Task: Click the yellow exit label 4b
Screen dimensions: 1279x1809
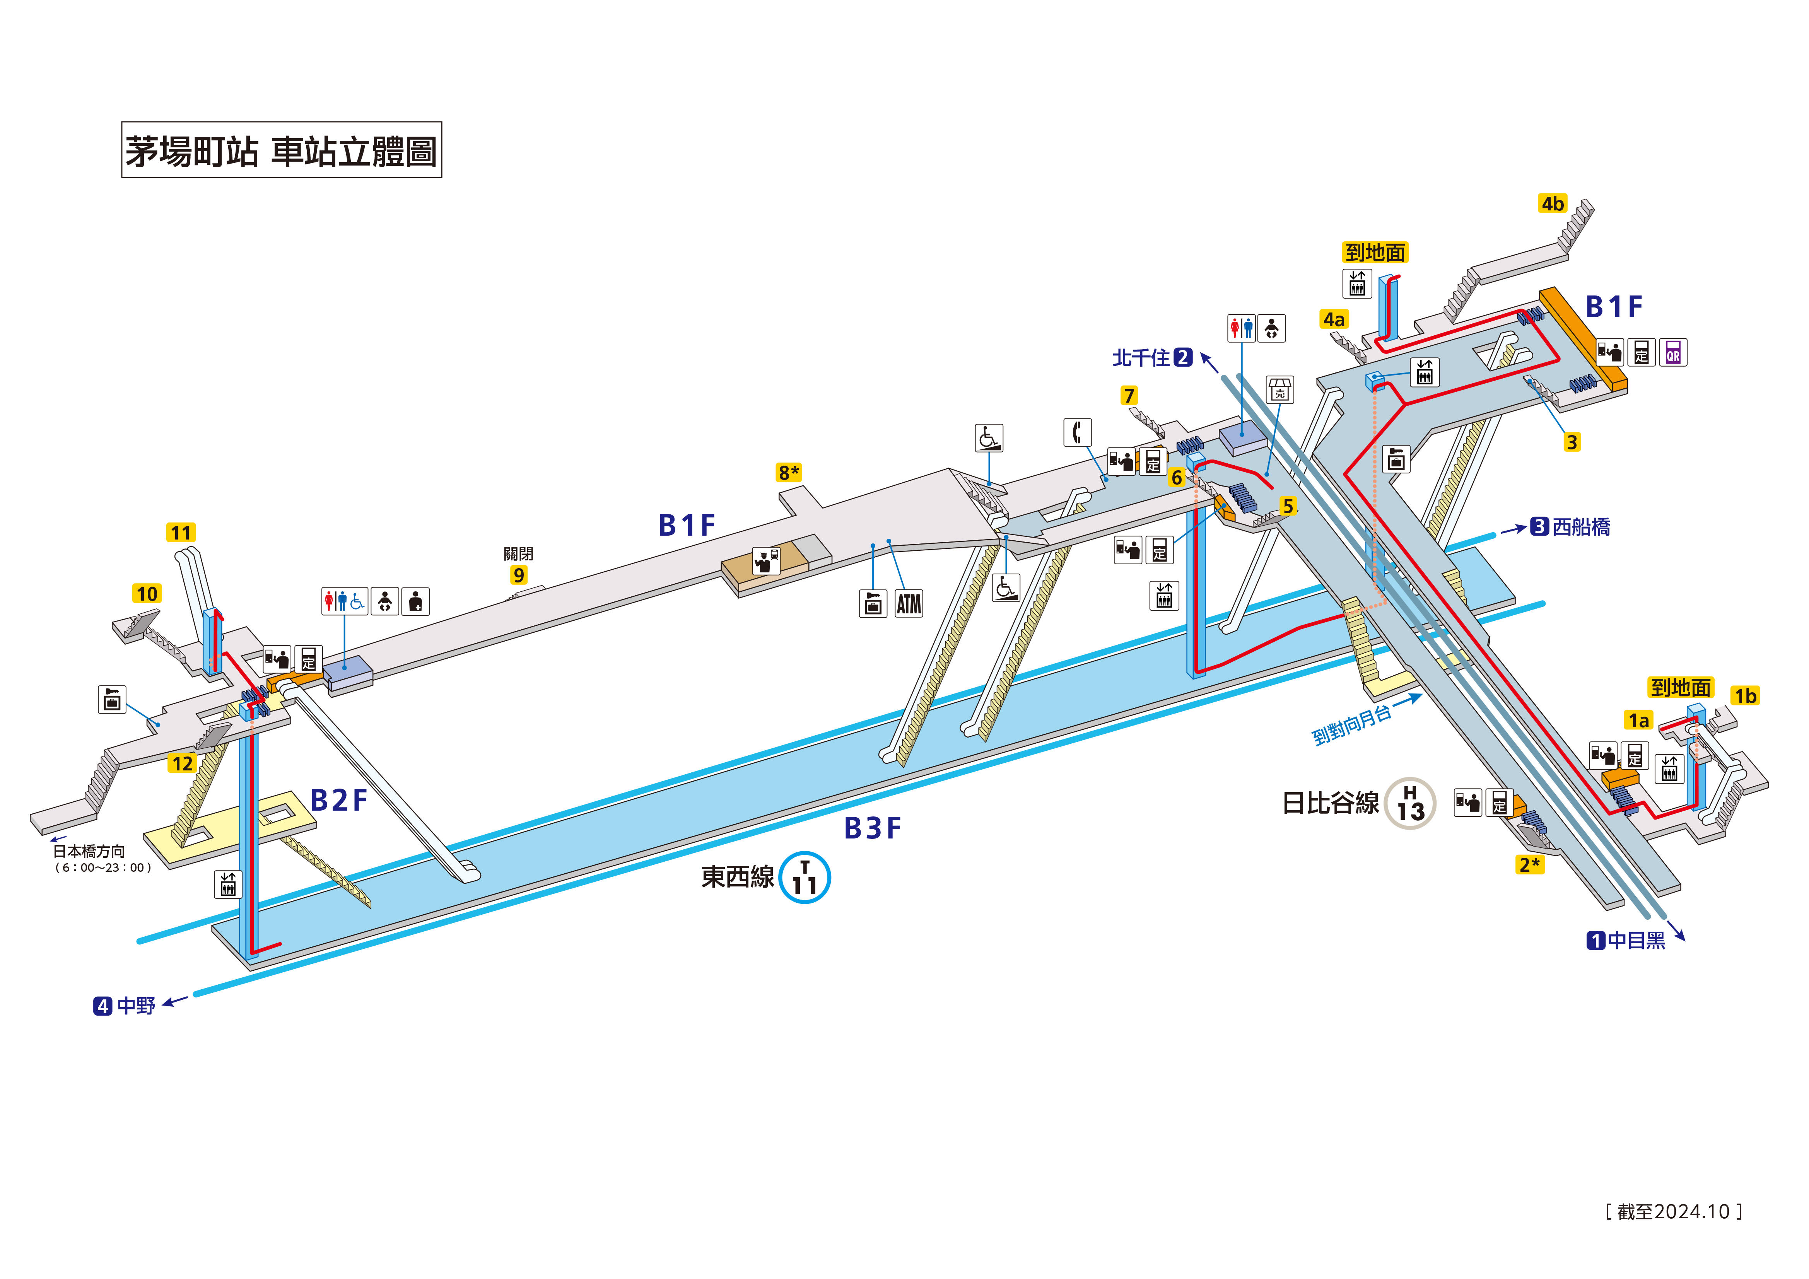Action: tap(1552, 203)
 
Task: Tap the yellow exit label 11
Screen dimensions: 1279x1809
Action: tap(181, 533)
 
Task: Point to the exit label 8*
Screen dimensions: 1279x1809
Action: tap(789, 472)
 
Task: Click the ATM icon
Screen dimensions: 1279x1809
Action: tap(909, 604)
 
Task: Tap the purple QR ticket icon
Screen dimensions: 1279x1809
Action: tap(1673, 352)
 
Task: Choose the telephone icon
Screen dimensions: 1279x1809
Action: tap(1077, 432)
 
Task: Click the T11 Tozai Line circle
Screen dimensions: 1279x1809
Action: tap(805, 877)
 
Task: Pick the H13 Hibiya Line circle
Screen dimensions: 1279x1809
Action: tap(1410, 803)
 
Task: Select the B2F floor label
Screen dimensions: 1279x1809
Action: tap(339, 800)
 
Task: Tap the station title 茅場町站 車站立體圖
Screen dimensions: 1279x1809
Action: tap(281, 150)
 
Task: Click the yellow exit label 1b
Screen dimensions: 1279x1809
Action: tap(1745, 696)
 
